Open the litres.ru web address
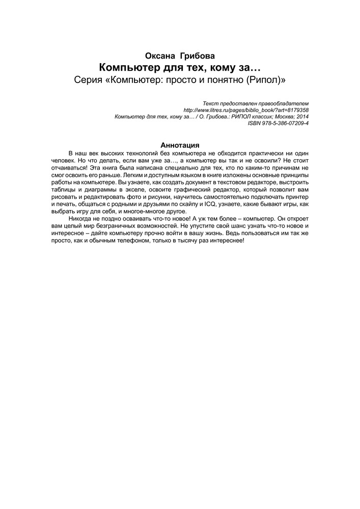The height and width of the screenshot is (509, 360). (x=245, y=110)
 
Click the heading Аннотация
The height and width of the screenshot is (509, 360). (x=180, y=145)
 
